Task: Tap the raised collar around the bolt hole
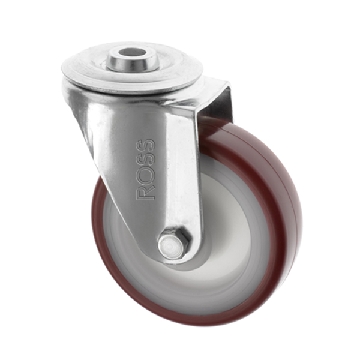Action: (132, 60)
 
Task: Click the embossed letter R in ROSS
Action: (146, 192)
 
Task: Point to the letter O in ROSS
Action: (146, 175)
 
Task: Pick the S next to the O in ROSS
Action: (146, 160)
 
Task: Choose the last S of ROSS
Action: (146, 146)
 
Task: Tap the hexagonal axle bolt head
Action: (174, 244)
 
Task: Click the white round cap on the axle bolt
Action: (171, 246)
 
